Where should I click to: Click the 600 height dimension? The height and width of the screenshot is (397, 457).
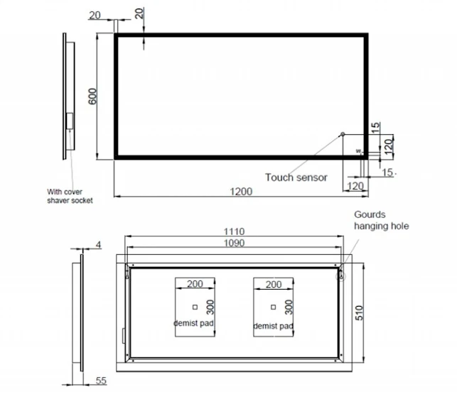pyautogui.click(x=92, y=97)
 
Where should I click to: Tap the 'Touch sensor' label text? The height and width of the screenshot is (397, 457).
pyautogui.click(x=296, y=177)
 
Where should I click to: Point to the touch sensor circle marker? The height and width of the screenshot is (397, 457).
pyautogui.click(x=343, y=134)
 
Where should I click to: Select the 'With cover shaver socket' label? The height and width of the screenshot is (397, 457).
pyautogui.click(x=70, y=195)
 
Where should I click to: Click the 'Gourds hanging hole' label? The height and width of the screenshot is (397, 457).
pyautogui.click(x=382, y=220)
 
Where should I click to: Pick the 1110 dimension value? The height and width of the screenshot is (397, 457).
pyautogui.click(x=234, y=232)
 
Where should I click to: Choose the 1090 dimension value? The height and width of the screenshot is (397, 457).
pyautogui.click(x=234, y=243)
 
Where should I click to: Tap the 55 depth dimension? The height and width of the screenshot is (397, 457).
pyautogui.click(x=101, y=381)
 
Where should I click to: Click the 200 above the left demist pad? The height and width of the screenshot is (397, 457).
pyautogui.click(x=195, y=284)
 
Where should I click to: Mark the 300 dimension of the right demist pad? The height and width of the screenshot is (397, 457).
pyautogui.click(x=289, y=307)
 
